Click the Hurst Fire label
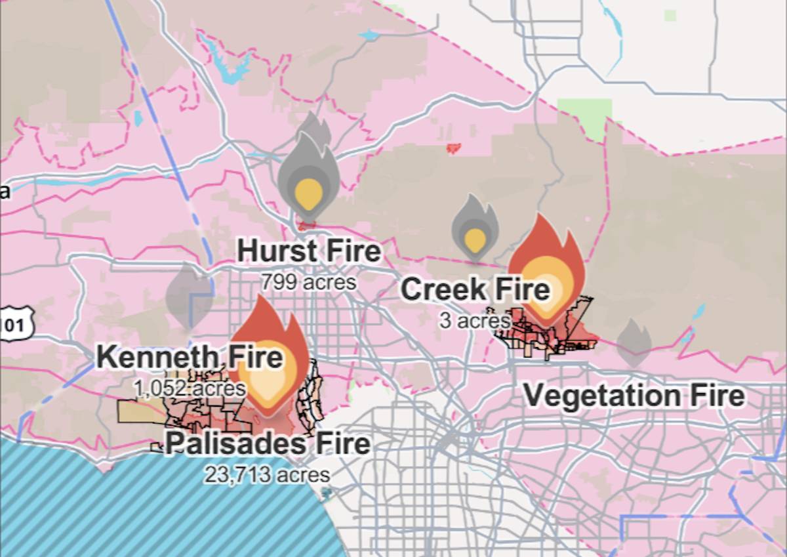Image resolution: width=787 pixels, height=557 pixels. tap(308, 251)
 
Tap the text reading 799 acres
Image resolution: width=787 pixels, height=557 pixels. tap(308, 282)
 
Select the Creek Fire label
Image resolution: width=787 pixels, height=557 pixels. tap(475, 289)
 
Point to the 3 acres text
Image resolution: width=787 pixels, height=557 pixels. tap(475, 321)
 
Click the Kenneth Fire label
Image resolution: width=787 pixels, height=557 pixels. tap(190, 358)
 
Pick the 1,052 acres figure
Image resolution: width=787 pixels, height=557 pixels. tap(190, 388)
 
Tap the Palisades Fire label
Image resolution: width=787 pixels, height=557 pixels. tap(268, 444)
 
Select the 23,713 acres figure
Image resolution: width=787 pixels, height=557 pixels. tap(267, 474)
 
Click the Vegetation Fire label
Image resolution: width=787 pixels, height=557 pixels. tap(634, 396)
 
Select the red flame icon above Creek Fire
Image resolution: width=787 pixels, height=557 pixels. tap(546, 269)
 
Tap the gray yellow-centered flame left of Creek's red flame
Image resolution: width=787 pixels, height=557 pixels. tap(475, 226)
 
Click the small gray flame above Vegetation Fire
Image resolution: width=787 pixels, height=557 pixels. tap(634, 342)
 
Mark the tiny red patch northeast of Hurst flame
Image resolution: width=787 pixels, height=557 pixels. tap(453, 148)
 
